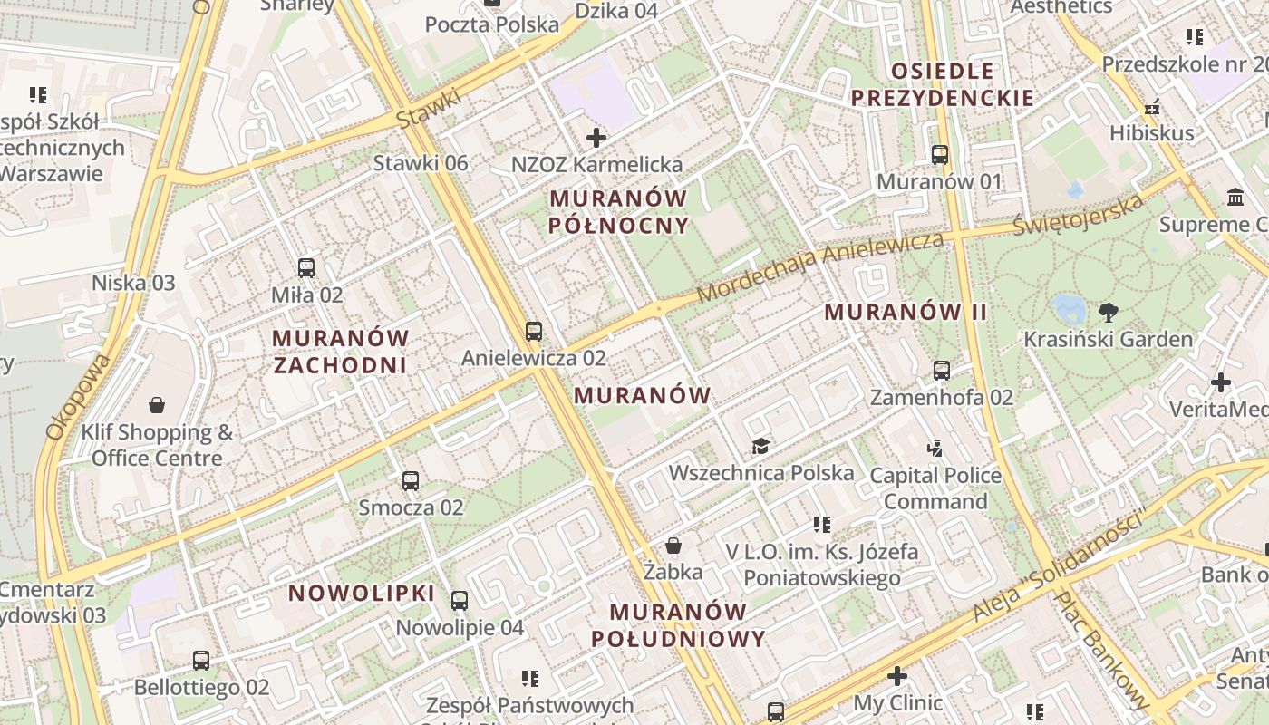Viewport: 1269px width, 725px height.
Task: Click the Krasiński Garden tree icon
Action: [1108, 313]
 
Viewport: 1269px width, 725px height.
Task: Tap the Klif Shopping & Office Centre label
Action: [157, 445]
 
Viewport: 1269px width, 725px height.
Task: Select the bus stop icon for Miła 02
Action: [306, 267]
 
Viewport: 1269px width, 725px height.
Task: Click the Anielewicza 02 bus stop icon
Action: [534, 331]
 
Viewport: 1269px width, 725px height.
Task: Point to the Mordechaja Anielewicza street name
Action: [820, 267]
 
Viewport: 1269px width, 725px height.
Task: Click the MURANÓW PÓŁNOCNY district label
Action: [619, 211]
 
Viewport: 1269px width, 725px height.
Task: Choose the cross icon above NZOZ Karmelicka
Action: [596, 138]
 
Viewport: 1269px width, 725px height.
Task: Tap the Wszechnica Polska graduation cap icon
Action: [760, 446]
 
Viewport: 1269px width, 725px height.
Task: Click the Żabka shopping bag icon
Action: [673, 545]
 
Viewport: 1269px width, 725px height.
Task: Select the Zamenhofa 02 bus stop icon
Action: [942, 370]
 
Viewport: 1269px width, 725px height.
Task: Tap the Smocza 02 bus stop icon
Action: [411, 480]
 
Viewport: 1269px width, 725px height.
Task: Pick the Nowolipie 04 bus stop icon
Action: [460, 600]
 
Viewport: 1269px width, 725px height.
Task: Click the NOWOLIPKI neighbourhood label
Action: [362, 594]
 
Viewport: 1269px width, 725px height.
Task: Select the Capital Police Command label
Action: [935, 488]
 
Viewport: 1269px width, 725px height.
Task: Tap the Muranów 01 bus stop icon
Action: [940, 154]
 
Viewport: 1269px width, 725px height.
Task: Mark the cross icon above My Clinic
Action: [897, 676]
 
